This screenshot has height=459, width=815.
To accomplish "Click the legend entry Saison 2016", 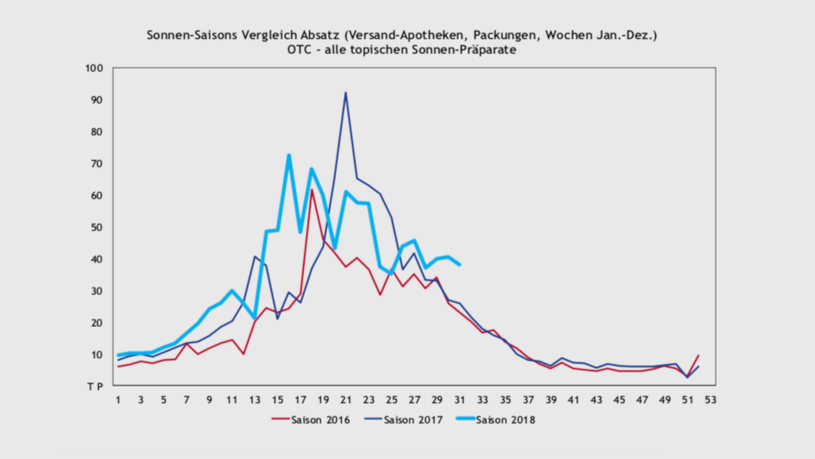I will click(x=311, y=420).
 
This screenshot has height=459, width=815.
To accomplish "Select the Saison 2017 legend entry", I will click(x=403, y=420).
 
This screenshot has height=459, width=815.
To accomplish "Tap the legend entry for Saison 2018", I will click(x=496, y=420).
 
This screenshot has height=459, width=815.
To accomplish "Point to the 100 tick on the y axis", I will click(x=94, y=68).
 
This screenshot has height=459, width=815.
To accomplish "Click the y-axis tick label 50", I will click(x=97, y=227).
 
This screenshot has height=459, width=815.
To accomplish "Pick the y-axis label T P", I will click(x=95, y=387).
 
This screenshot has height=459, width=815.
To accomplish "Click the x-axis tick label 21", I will click(x=346, y=400).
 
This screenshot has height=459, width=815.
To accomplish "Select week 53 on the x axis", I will click(x=711, y=400).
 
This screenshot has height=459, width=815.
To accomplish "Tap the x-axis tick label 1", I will click(x=118, y=400).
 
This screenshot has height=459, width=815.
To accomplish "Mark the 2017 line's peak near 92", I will click(x=345, y=93).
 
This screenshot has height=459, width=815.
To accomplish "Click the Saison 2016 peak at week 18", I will click(x=312, y=190).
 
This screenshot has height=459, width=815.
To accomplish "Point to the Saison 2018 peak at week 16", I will click(x=289, y=155).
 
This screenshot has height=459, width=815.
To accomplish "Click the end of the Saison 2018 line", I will click(x=460, y=265).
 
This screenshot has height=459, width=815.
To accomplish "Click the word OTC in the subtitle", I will click(x=299, y=50).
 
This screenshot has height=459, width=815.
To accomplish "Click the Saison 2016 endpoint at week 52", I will click(x=698, y=355).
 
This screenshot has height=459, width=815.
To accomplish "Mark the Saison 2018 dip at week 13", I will click(x=255, y=318).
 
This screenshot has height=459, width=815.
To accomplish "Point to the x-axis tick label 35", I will click(x=505, y=400).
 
